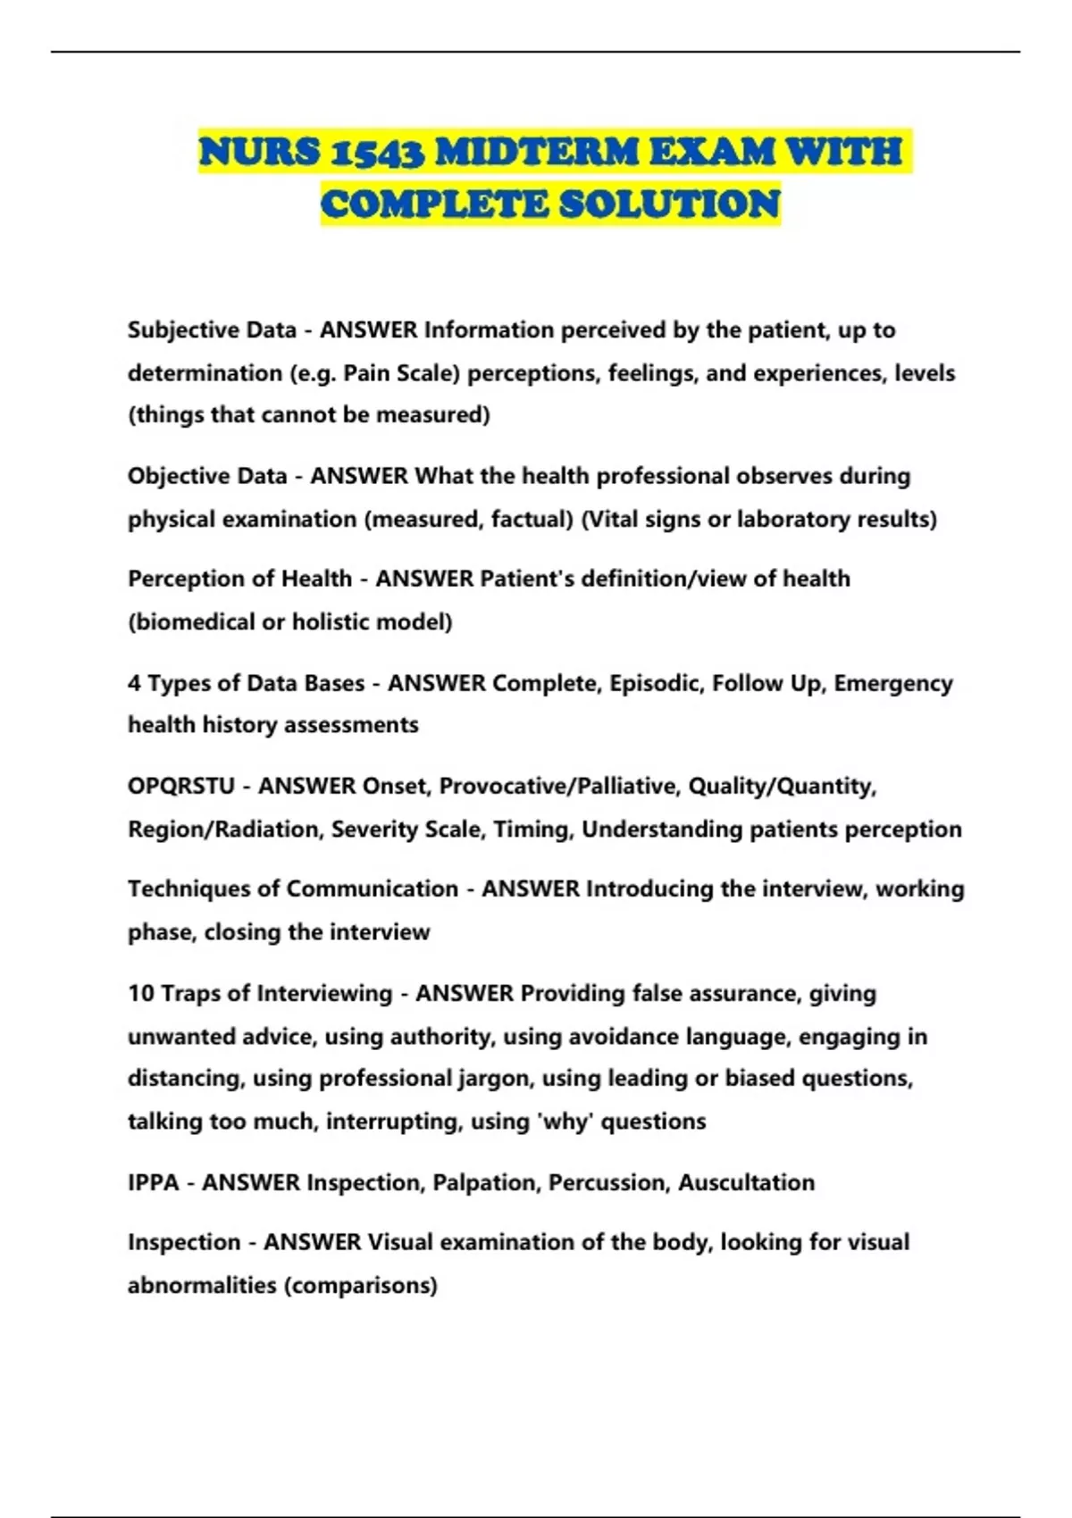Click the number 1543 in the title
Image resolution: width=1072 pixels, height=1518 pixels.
377,152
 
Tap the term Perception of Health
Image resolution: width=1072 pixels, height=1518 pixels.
239,579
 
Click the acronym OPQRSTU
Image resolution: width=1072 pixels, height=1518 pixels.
181,786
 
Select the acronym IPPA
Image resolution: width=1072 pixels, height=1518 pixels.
154,1183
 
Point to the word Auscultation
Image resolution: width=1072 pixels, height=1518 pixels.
746,1183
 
